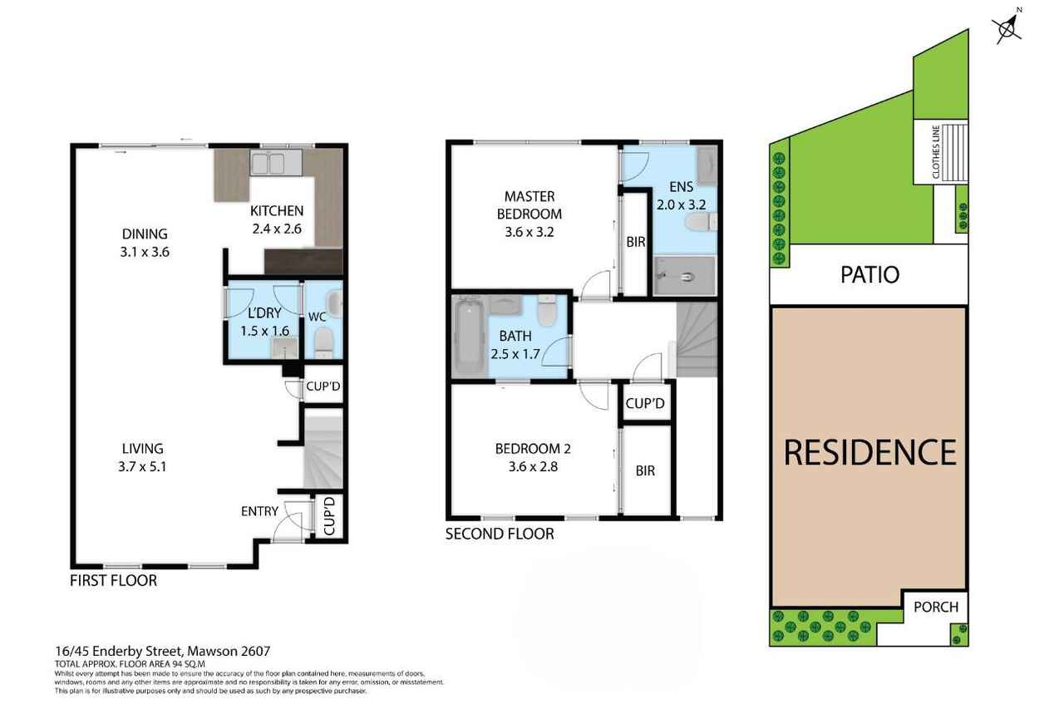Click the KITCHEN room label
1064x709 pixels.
click(x=277, y=211)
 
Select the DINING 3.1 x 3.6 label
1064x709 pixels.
click(x=145, y=243)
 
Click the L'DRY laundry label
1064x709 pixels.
click(x=264, y=313)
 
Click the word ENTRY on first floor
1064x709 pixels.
click(x=259, y=511)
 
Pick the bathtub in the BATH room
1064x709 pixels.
click(x=469, y=337)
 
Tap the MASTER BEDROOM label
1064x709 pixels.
click(x=530, y=205)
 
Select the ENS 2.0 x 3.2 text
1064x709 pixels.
click(x=681, y=195)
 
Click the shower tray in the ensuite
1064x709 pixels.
click(x=684, y=276)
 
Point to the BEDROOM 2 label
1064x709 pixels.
click(x=533, y=448)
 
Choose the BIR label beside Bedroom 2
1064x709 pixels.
click(x=645, y=470)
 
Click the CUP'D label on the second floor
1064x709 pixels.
click(x=645, y=403)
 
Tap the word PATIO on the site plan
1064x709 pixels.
click(x=869, y=274)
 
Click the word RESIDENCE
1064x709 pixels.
click(x=869, y=452)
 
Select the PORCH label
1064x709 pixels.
click(x=936, y=607)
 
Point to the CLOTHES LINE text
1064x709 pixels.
click(x=936, y=152)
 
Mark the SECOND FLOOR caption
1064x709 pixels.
click(x=500, y=534)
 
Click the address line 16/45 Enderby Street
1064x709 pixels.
click(x=162, y=651)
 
